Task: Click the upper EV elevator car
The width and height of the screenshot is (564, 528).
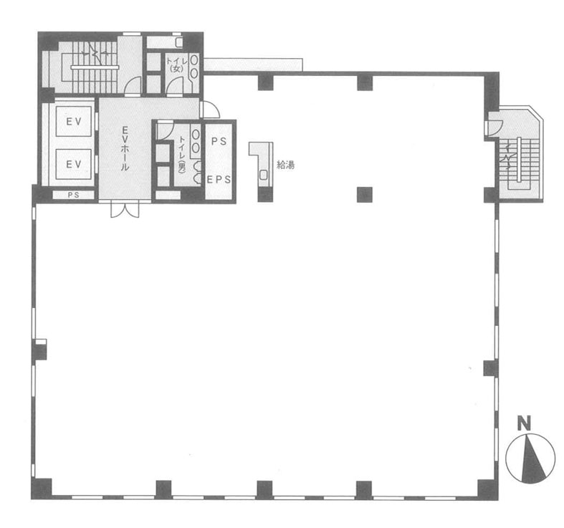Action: click(73, 122)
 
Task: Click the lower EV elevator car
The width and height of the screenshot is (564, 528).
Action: click(73, 164)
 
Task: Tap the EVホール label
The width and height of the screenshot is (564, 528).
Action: click(125, 148)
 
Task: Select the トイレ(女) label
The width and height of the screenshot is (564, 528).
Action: click(176, 64)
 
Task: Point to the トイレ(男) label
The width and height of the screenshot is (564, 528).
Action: click(182, 154)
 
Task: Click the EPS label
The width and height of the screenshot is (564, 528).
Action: click(219, 179)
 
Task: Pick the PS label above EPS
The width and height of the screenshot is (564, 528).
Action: click(219, 141)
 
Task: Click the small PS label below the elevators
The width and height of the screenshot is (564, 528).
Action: click(73, 195)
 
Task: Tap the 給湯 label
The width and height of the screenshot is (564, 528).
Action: click(286, 165)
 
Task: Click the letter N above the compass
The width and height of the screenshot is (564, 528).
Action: click(524, 423)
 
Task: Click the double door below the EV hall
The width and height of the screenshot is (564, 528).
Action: click(125, 210)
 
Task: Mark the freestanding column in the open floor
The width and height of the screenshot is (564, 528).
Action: click(365, 195)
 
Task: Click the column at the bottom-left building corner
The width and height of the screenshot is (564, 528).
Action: click(42, 489)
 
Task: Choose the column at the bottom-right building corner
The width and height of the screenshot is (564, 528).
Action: click(488, 489)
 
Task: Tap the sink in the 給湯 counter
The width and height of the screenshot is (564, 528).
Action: click(264, 175)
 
